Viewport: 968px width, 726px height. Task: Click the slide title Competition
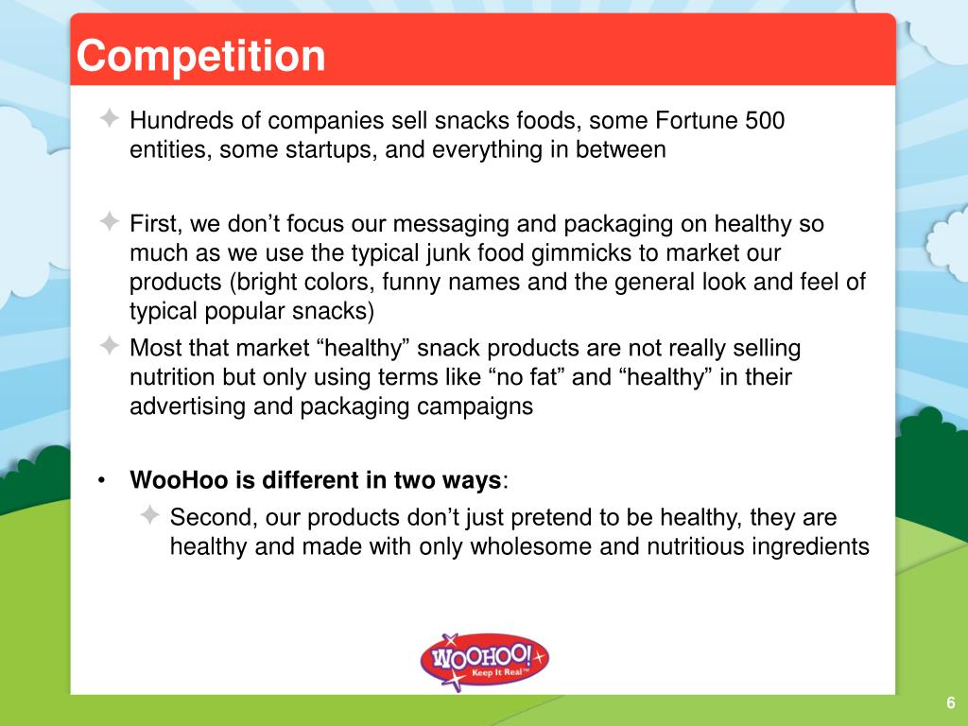coord(200,56)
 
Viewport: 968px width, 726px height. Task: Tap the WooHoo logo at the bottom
coord(483,658)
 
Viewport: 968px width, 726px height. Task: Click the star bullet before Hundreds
coord(110,119)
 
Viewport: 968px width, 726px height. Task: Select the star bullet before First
coord(110,224)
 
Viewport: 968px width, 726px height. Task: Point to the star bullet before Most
coord(110,347)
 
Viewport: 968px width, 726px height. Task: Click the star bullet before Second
coord(150,516)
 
